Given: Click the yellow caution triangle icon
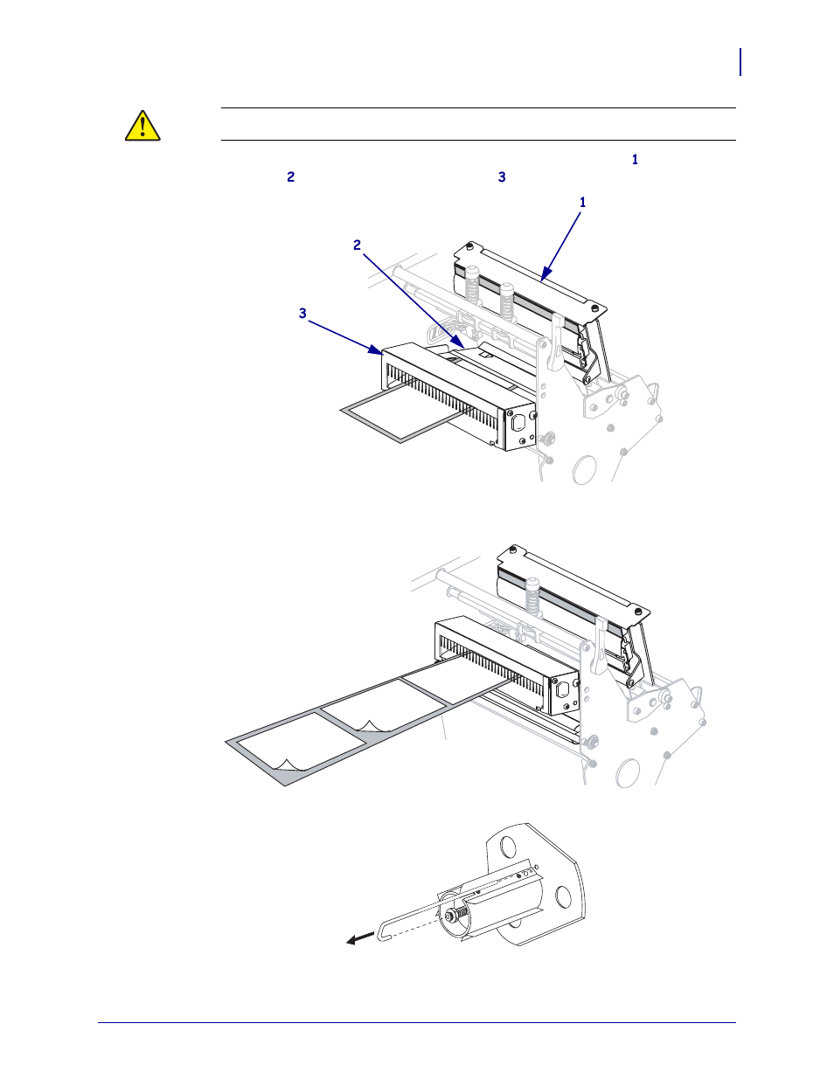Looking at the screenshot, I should pyautogui.click(x=142, y=126).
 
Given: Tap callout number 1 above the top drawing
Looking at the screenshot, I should pyautogui.click(x=583, y=203).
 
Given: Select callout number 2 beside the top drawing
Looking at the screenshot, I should pyautogui.click(x=357, y=246).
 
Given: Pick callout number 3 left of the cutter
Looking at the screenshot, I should pyautogui.click(x=302, y=314).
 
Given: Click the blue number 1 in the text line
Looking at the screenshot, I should pyautogui.click(x=635, y=160).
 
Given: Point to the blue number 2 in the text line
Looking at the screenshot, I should pyautogui.click(x=291, y=177).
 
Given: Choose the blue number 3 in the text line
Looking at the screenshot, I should pyautogui.click(x=502, y=177).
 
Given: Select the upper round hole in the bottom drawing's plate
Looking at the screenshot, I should pyautogui.click(x=507, y=848).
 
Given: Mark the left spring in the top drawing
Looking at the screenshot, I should pyautogui.click(x=473, y=284).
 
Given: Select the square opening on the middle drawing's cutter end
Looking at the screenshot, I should pyautogui.click(x=563, y=692).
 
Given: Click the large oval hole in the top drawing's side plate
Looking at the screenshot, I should pyautogui.click(x=583, y=470).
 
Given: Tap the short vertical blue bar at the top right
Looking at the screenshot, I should pyautogui.click(x=740, y=62).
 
